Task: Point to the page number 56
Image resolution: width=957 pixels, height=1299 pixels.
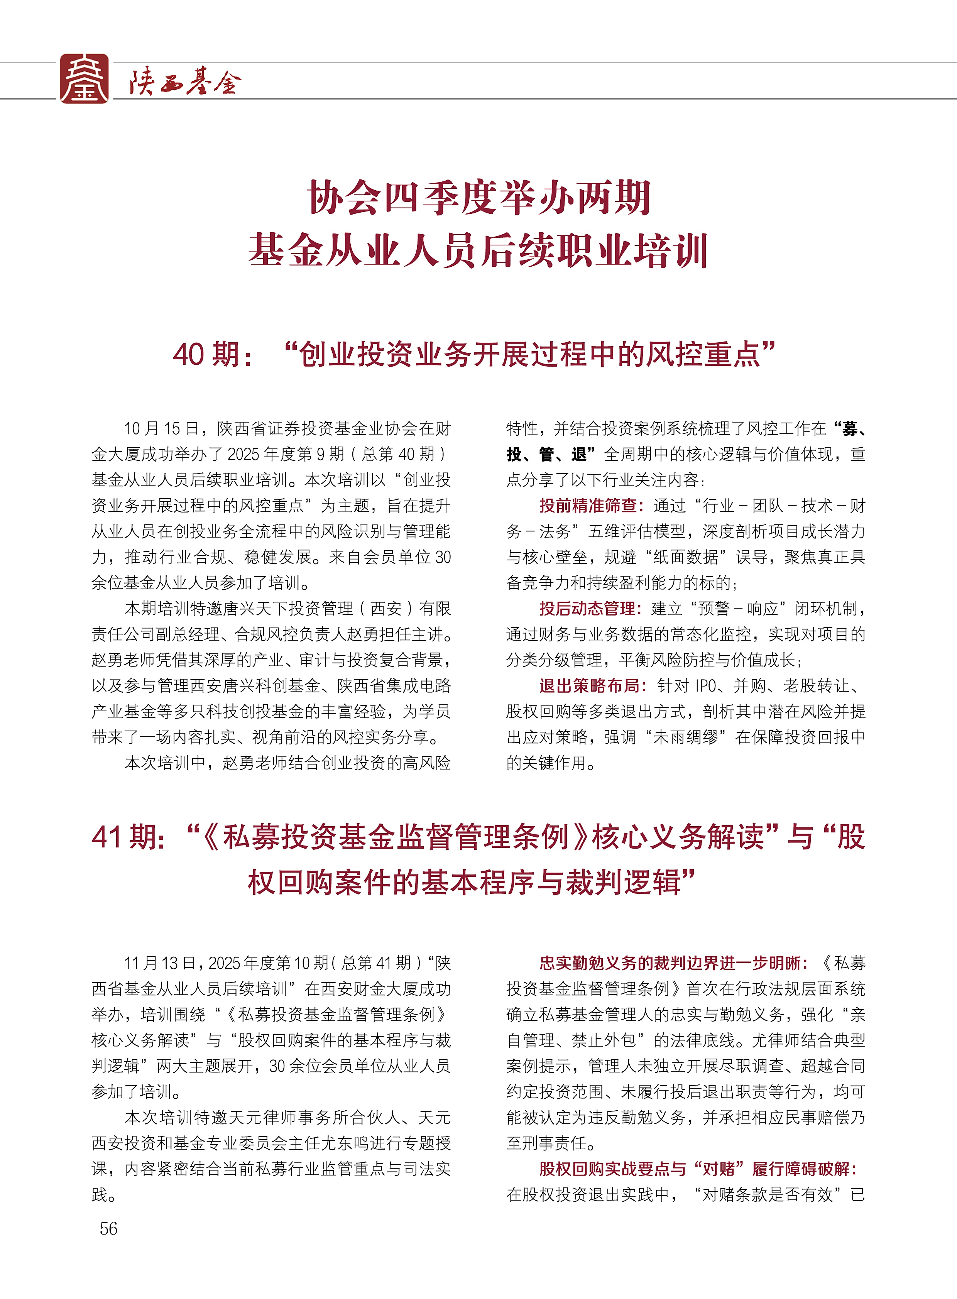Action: click(x=108, y=1228)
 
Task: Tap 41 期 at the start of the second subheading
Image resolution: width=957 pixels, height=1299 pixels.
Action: click(x=129, y=837)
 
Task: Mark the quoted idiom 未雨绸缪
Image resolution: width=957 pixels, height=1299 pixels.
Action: click(x=686, y=737)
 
